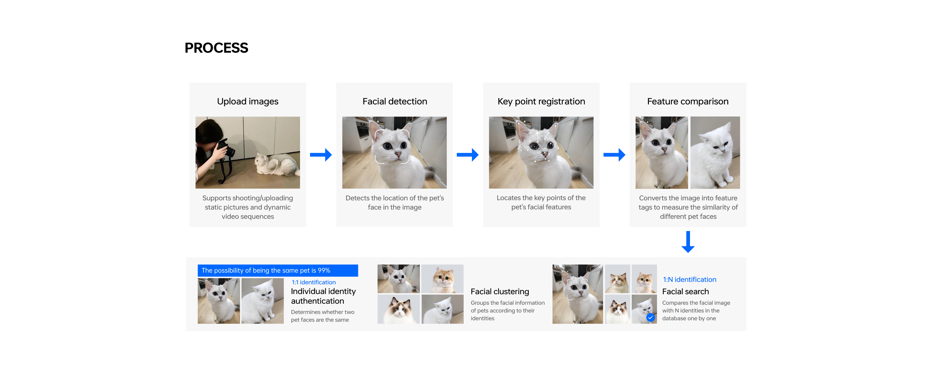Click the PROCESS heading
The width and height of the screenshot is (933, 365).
coord(216,48)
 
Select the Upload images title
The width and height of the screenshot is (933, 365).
coord(248,101)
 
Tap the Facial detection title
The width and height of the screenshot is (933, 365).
coord(395,101)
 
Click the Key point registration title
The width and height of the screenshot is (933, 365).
coord(541,101)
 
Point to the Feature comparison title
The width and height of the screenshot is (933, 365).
coord(688,101)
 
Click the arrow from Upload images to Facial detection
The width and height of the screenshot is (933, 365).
coord(321,155)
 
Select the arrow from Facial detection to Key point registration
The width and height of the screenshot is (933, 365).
coord(467,155)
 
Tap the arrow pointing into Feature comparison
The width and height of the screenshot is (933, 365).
coord(614,155)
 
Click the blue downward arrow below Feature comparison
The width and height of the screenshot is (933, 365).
coord(688,242)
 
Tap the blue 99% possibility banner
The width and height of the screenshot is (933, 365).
coord(278,270)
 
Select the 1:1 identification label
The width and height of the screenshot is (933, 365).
coord(314,282)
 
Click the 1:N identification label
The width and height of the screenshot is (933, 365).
coord(690,279)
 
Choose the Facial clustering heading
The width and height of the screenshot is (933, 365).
coord(500,291)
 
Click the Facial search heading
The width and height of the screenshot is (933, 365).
coord(685,291)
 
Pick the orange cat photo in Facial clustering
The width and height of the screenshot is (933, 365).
coord(442,279)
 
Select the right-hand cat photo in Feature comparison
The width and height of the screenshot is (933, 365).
coord(715,152)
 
